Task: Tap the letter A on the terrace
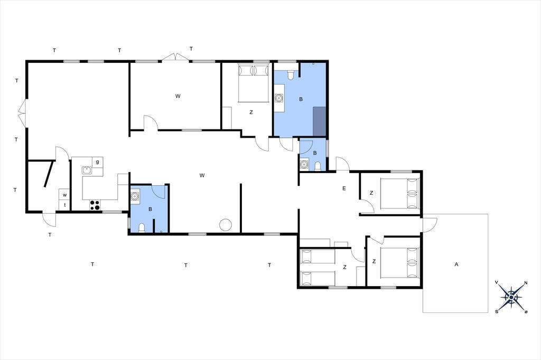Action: coord(456,264)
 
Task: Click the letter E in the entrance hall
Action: coord(344,188)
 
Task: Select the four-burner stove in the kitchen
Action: coord(95,205)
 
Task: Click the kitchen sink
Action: coord(87,170)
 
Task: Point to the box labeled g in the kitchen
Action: coord(98,162)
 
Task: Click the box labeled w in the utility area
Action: coord(64,195)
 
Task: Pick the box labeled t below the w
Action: coord(64,205)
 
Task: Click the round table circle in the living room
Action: coord(226,225)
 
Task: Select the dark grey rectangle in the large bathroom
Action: coord(319,121)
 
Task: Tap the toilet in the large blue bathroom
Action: coord(291,75)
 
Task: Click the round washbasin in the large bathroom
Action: coord(279,98)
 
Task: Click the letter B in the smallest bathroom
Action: coord(315,153)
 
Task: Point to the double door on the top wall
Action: coord(175,57)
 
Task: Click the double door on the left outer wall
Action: coord(22,113)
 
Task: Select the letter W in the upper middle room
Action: coord(178,96)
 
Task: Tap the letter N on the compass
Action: coord(526,283)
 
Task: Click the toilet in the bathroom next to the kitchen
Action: coord(142,228)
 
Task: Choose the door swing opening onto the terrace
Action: coord(430,225)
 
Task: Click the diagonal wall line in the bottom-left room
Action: coord(49,174)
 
